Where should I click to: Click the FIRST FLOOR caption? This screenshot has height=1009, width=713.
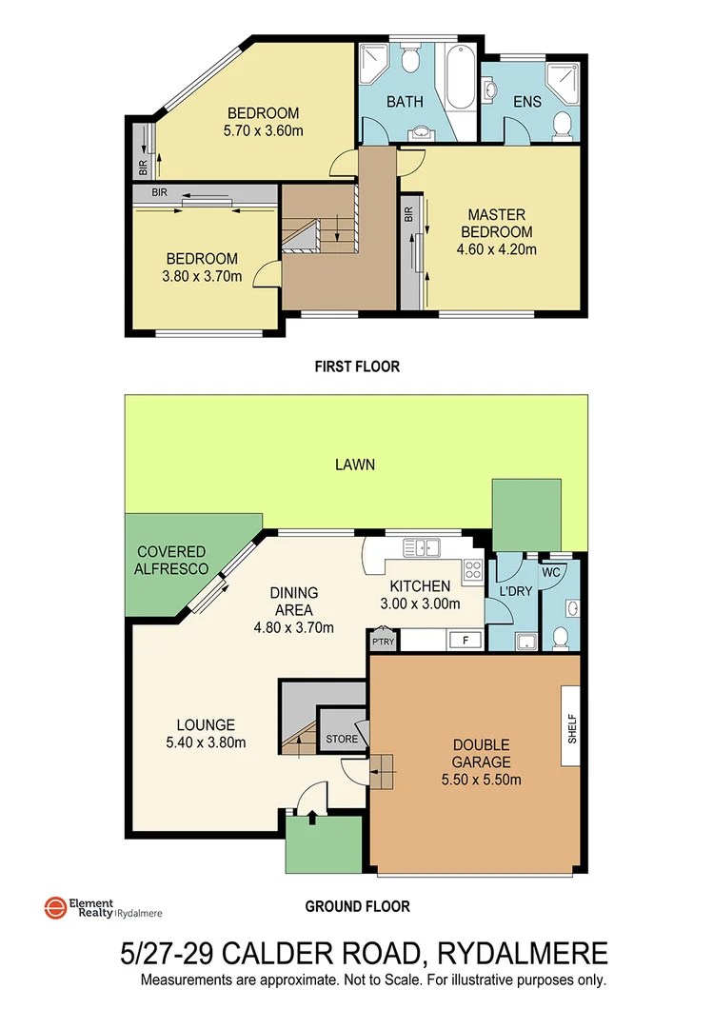coord(357,366)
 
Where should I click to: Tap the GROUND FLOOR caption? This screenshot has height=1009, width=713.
coord(357,906)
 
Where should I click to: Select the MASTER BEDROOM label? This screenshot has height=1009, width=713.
coord(496,224)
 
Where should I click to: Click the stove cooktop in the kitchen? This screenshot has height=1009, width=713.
coord(472,570)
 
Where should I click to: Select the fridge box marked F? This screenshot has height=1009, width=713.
coord(464,640)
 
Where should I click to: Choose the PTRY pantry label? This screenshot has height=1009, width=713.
coord(383,642)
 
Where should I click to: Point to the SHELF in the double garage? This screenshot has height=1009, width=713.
coord(572,724)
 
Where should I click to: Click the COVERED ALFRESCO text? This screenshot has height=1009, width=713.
coord(170,561)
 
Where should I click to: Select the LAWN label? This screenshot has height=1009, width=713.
coord(354,465)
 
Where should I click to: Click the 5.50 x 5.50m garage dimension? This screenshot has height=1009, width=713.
coord(481,780)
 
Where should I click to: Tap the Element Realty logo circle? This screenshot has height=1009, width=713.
coord(54,908)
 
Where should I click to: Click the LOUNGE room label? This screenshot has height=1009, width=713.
coord(204,724)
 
